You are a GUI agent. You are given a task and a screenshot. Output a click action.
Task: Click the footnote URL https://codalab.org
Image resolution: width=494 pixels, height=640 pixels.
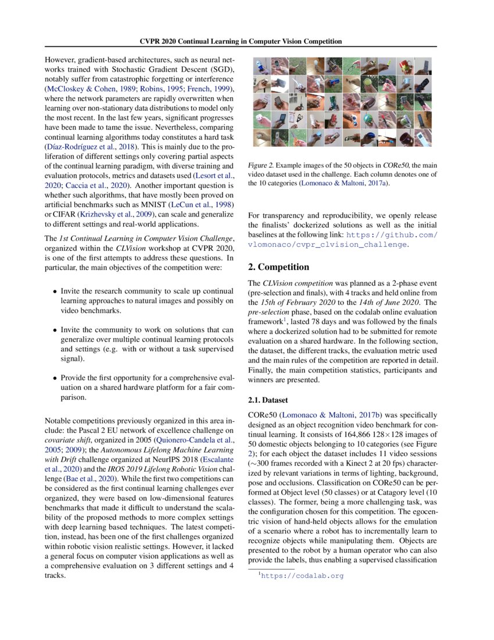[302, 575]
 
